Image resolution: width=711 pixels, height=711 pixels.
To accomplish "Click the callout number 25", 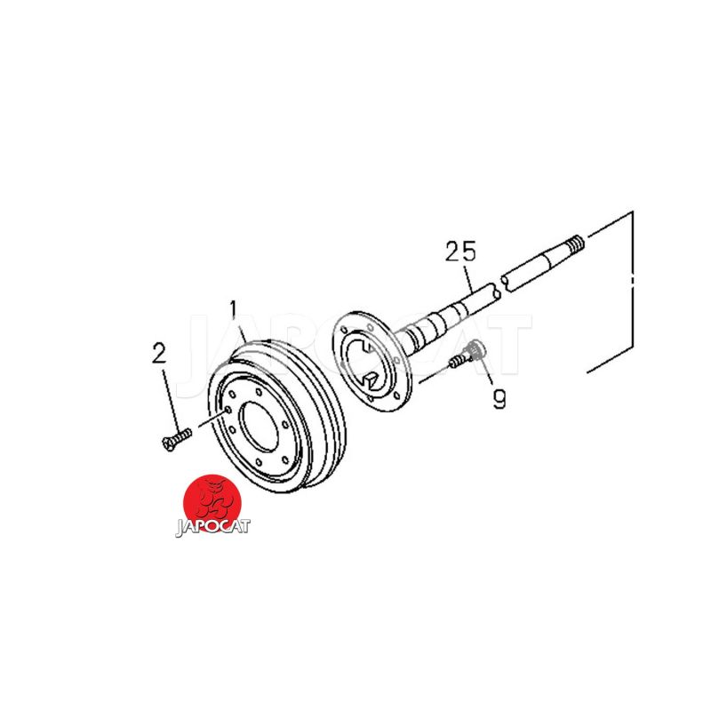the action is click(460, 252).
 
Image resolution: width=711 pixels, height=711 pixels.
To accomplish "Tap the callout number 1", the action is click(234, 309).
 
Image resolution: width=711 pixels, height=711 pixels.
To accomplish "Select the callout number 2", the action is click(159, 353).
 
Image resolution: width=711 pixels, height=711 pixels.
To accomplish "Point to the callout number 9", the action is click(499, 399).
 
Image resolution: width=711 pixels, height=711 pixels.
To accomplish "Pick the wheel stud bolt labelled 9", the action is click(467, 354).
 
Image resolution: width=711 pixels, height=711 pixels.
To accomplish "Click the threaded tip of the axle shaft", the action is click(576, 246).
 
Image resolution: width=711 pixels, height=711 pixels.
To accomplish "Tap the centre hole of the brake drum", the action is click(259, 427).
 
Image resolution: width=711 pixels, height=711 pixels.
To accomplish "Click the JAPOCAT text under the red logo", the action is click(212, 527).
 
